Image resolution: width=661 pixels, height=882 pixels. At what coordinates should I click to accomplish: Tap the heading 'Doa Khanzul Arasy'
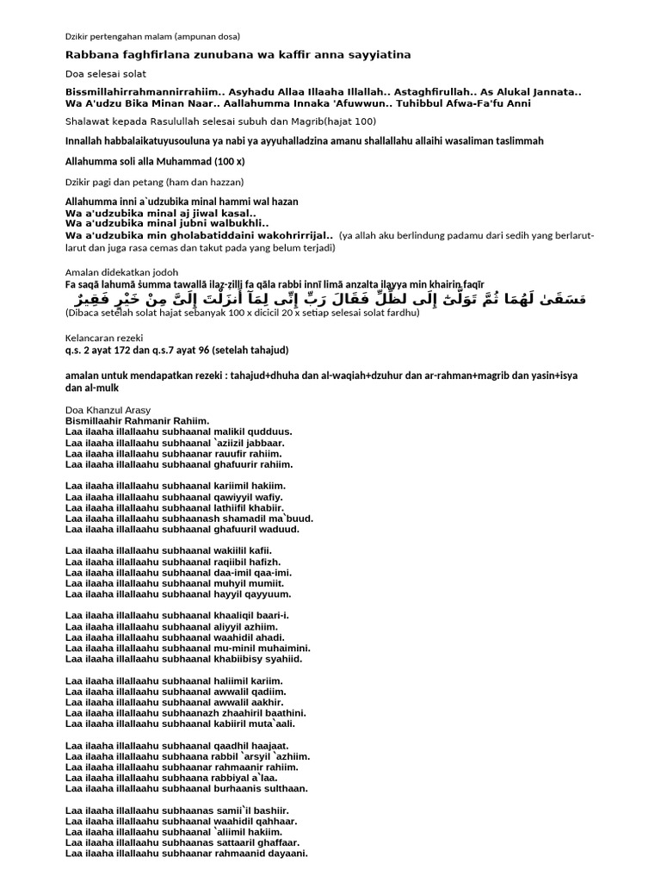coord(108,409)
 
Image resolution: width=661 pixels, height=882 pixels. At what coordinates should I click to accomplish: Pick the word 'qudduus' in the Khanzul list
coord(272,431)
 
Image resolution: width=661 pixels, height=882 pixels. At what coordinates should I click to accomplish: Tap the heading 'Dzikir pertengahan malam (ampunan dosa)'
coord(153,36)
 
